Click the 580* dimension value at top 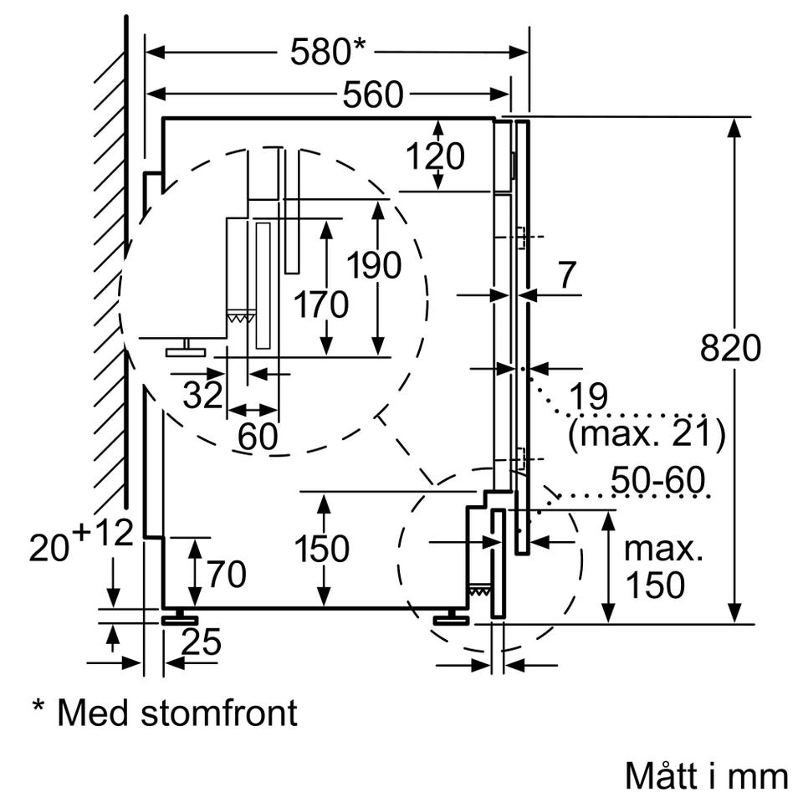(328, 51)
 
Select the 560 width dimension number (373, 95)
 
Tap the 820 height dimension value (730, 348)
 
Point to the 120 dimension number (435, 156)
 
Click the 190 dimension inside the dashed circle (374, 265)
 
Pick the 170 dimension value (321, 304)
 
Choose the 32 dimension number (203, 394)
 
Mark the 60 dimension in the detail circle (258, 437)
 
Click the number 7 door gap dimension (567, 275)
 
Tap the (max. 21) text (647, 434)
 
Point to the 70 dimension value (227, 574)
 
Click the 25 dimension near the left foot (202, 642)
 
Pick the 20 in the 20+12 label (49, 547)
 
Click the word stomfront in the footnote (218, 713)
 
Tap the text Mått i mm (707, 776)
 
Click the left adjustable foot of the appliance (180, 617)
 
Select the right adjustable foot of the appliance (451, 617)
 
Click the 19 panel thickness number (588, 396)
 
